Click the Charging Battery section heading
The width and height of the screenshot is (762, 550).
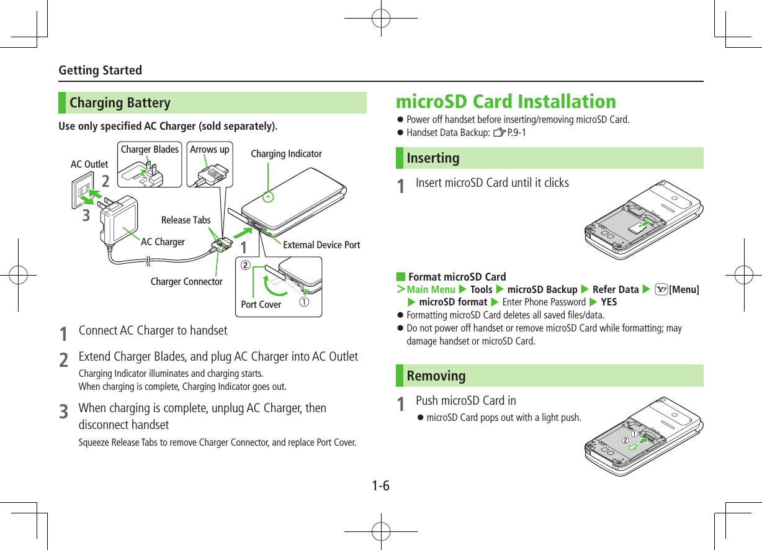point(120,103)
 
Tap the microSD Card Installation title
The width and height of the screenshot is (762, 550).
point(506,101)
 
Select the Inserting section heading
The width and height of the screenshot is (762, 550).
point(433,158)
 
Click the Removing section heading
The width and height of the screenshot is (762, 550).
point(436,376)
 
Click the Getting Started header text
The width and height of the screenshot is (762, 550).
point(100,70)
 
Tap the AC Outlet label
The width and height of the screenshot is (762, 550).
point(89,165)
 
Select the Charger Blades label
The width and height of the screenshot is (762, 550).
point(150,150)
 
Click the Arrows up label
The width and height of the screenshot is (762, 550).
point(209,150)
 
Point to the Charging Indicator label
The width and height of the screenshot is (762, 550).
point(286,154)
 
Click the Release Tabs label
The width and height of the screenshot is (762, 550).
point(186,220)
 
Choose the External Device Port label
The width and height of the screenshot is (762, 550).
point(321,245)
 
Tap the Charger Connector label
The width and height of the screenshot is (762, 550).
point(186,282)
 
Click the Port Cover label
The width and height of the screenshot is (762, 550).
point(261,305)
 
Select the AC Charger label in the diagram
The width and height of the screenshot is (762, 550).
point(163,242)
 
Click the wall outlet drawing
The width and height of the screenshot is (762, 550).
point(83,189)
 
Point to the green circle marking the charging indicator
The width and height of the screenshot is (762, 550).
point(268,197)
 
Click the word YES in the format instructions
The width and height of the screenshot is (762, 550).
point(609,302)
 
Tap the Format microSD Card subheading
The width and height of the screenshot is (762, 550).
point(457,277)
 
